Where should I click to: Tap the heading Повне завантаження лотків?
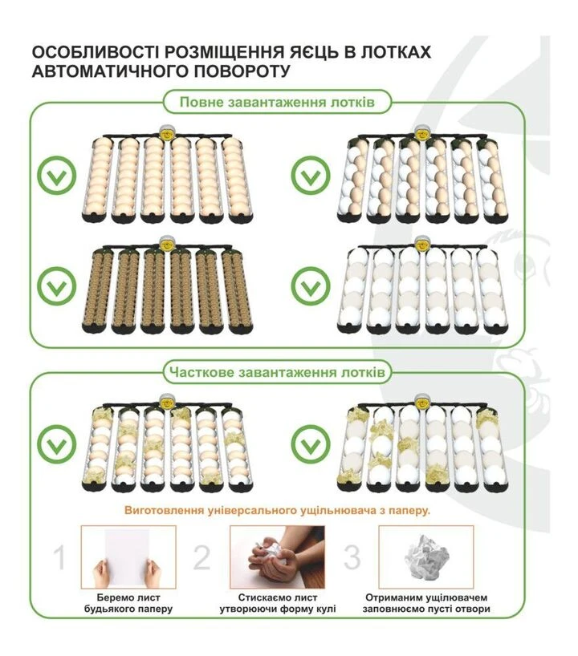(277, 103)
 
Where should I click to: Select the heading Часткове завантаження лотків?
(277, 372)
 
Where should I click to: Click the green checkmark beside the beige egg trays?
(57, 175)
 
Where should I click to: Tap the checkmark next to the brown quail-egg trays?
(57, 285)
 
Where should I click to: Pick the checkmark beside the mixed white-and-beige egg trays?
(311, 175)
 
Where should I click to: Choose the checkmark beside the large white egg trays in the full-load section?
(311, 285)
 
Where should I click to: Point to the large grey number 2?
(201, 557)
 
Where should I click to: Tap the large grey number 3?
(352, 557)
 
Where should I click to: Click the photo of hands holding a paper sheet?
(128, 557)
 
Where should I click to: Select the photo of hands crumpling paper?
(277, 557)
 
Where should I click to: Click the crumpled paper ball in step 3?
(427, 557)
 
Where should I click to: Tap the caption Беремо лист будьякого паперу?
(128, 603)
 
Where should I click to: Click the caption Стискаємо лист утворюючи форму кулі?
(278, 603)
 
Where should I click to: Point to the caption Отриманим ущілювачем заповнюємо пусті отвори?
(426, 603)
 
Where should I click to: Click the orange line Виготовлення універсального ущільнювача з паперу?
(277, 510)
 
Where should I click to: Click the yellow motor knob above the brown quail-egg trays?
(167, 244)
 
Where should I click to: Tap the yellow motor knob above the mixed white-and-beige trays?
(421, 133)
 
